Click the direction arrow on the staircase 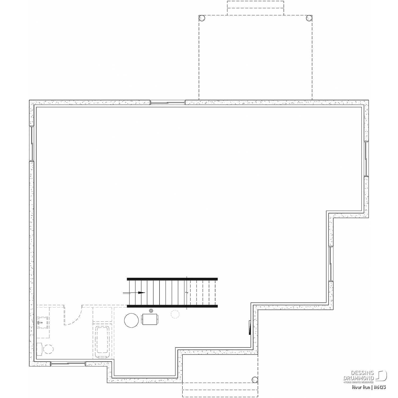coord(134,293)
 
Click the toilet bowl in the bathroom coord(49,349)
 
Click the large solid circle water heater coord(131,320)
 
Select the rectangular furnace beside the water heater coord(150,319)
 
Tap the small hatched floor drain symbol coord(151,310)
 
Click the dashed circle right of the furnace coord(175,314)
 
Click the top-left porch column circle coord(202,18)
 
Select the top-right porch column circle coord(309,18)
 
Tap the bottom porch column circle coord(255,380)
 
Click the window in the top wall coord(168,102)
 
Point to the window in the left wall coord(32,143)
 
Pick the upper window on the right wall coord(366,159)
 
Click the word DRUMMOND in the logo coord(359,378)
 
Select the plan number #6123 coord(380,387)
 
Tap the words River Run coord(361,387)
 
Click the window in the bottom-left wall coord(68,364)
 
